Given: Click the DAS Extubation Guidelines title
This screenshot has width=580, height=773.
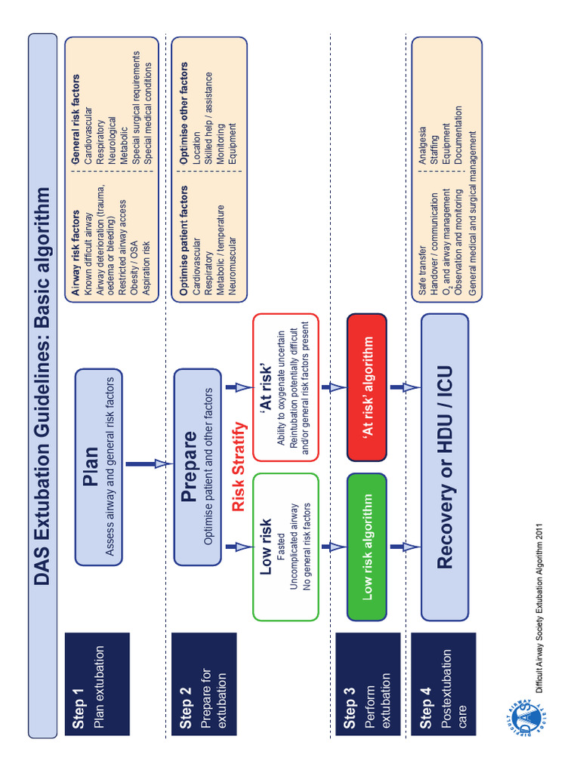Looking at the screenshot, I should tap(42, 385).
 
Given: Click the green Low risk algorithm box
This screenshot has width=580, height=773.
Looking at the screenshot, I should tap(367, 547).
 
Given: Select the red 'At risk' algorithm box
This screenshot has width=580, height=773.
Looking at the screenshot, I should tap(367, 386).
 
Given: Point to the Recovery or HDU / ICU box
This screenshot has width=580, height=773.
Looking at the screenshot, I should tap(445, 467).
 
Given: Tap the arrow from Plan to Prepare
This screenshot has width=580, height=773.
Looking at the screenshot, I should tap(150, 464).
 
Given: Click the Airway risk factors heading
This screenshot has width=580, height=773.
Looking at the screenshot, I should tap(76, 254).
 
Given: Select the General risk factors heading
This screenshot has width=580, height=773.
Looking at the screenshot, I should tap(76, 119).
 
